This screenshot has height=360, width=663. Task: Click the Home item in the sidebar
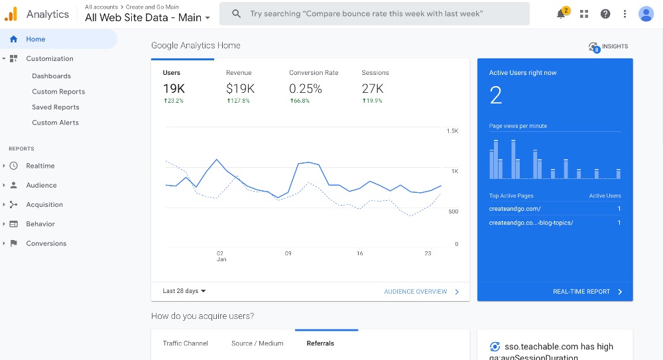tap(36, 39)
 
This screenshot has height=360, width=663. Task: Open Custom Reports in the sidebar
tap(58, 91)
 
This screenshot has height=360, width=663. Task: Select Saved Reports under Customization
tap(56, 107)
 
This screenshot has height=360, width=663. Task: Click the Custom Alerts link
tap(55, 123)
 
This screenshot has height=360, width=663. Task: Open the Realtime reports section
tap(40, 166)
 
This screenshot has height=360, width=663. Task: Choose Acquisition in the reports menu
tap(44, 205)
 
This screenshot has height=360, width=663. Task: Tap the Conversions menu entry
tap(46, 243)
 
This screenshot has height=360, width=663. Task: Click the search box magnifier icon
tap(236, 14)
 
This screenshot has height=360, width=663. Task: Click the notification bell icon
tap(561, 14)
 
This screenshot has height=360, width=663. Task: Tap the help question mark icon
tap(605, 14)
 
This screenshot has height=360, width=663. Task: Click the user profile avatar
tap(646, 14)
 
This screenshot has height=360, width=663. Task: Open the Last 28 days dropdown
tap(184, 291)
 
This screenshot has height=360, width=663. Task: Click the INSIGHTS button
tap(608, 46)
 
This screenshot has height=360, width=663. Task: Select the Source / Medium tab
tap(257, 343)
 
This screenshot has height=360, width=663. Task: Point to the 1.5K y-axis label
tap(452, 131)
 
